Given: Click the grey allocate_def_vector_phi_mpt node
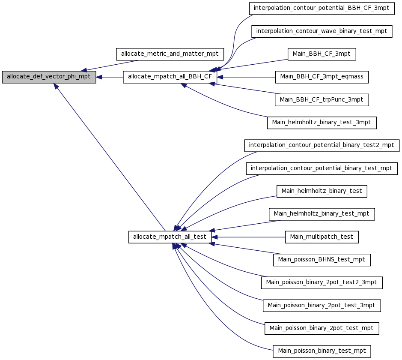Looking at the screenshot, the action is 49,77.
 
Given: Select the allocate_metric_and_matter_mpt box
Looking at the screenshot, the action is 170,54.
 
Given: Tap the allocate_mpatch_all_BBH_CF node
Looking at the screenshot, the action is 170,77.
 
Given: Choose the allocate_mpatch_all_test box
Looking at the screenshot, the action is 170,237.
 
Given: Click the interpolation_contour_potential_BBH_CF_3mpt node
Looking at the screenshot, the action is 322,9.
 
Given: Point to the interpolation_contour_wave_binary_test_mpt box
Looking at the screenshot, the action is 322,31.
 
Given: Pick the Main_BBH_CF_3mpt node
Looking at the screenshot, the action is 322,54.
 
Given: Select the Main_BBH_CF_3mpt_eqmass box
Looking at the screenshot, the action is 322,77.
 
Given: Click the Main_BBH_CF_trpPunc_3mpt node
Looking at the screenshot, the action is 322,100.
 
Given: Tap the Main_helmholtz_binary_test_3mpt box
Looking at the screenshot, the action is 322,123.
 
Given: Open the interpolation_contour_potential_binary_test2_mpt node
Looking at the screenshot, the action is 322,145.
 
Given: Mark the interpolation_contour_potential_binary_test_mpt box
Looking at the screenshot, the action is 322,168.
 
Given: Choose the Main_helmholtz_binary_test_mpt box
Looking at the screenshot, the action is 322,214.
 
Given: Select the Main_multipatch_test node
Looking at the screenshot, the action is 322,237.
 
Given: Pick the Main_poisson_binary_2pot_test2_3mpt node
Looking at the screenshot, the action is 322,283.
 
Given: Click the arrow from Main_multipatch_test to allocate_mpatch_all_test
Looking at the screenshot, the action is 248,237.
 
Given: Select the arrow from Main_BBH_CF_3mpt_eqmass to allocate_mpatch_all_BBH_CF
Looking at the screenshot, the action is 246,77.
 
